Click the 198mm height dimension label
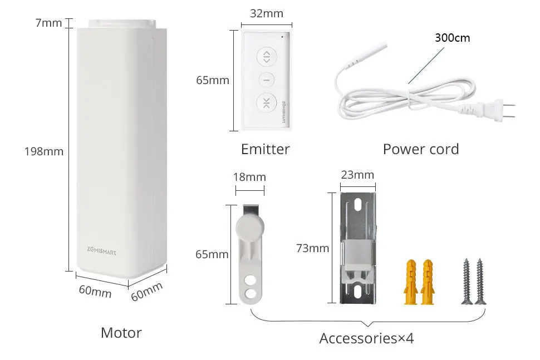(44, 151)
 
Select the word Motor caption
(121, 333)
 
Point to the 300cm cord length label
(452, 38)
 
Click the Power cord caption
(420, 149)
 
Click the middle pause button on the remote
(266, 79)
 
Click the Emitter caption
(265, 149)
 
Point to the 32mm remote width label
(266, 13)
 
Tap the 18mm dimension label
(249, 177)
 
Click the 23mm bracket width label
(357, 175)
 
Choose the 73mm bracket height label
(312, 248)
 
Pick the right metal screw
(479, 281)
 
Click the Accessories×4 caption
(366, 338)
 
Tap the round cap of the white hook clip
(248, 226)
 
